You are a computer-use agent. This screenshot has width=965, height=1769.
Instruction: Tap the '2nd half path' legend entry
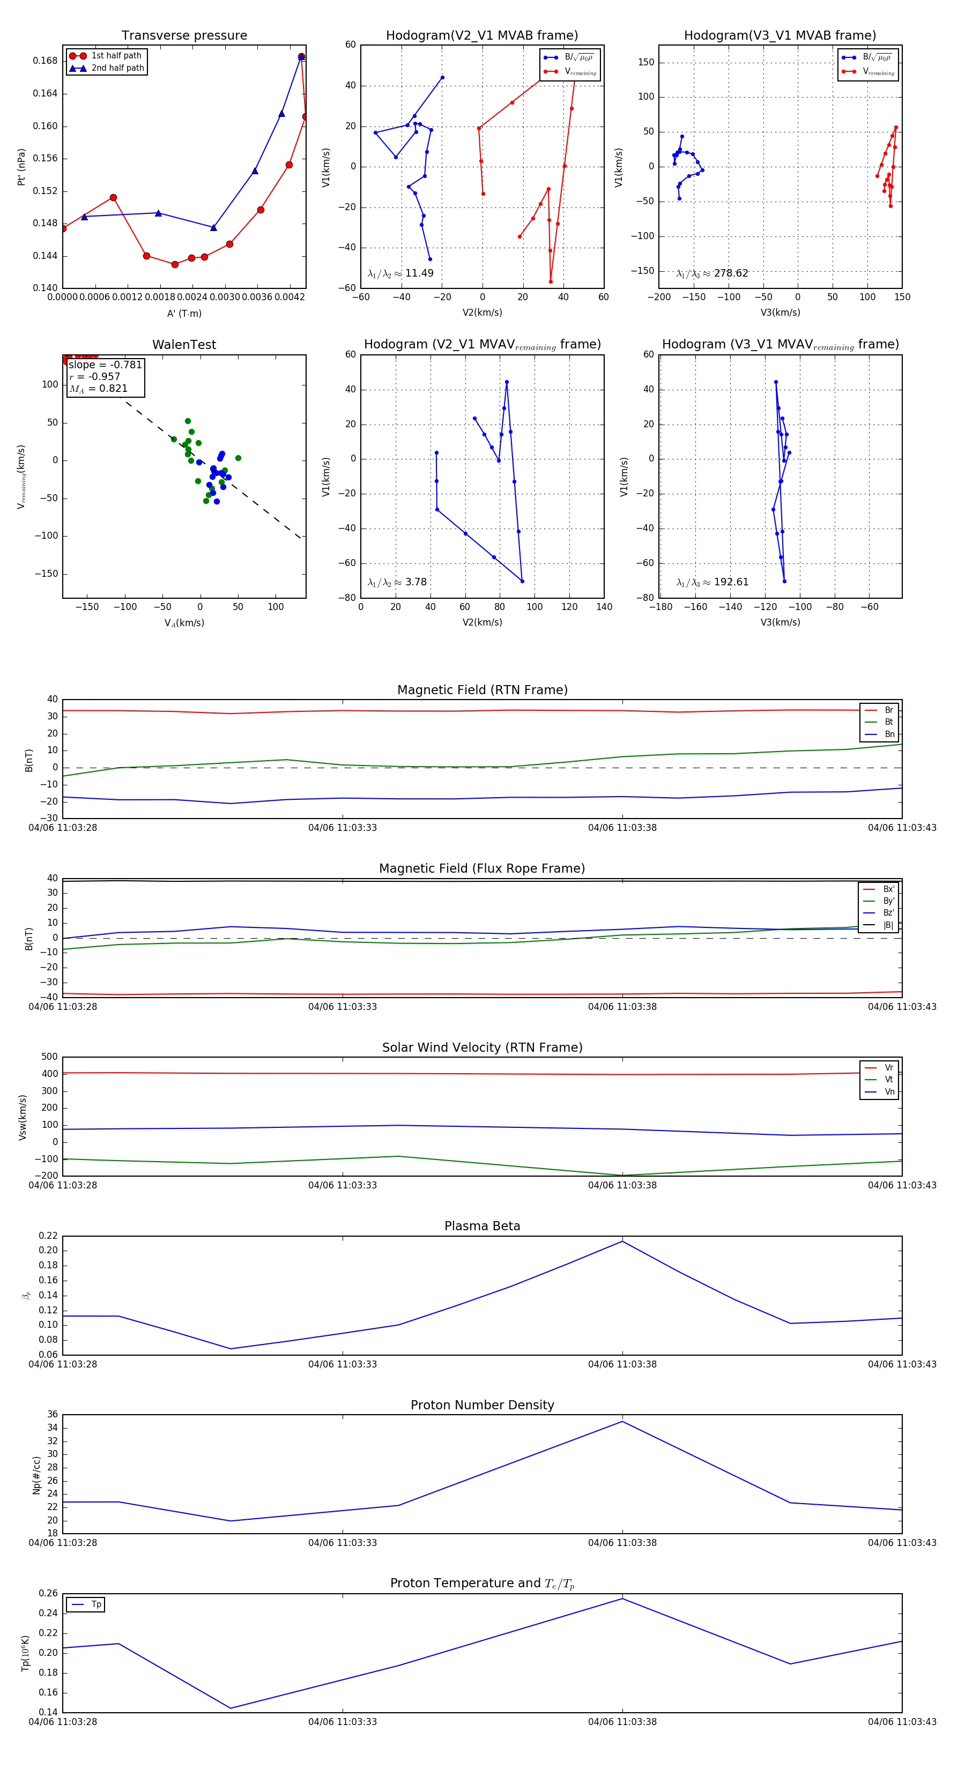pyautogui.click(x=117, y=68)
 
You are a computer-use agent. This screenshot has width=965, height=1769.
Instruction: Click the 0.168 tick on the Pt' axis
pyautogui.click(x=46, y=61)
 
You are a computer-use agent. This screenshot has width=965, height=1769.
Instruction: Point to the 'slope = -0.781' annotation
pyautogui.click(x=105, y=365)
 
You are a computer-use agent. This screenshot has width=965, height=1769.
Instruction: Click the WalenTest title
pyautogui.click(x=184, y=345)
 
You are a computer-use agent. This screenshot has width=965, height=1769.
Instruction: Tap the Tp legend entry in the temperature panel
pyautogui.click(x=95, y=1604)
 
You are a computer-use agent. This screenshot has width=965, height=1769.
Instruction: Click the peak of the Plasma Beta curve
pyautogui.click(x=622, y=1241)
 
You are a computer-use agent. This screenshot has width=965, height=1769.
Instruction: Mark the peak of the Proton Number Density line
pyautogui.click(x=622, y=1421)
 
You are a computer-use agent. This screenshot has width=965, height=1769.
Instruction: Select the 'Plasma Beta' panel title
pyautogui.click(x=482, y=1226)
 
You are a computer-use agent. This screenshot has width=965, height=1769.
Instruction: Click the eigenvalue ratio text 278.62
pyautogui.click(x=730, y=273)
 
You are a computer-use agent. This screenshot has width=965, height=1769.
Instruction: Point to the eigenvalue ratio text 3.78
pyautogui.click(x=415, y=582)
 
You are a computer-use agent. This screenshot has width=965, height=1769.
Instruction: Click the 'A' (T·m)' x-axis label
pyautogui.click(x=184, y=313)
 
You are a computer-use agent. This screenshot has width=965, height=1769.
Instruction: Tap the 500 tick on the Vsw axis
pyautogui.click(x=49, y=1057)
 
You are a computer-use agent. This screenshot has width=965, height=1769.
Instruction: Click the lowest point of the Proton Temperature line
pyautogui.click(x=230, y=1708)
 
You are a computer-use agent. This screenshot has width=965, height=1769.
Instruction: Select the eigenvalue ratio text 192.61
pyautogui.click(x=731, y=582)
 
